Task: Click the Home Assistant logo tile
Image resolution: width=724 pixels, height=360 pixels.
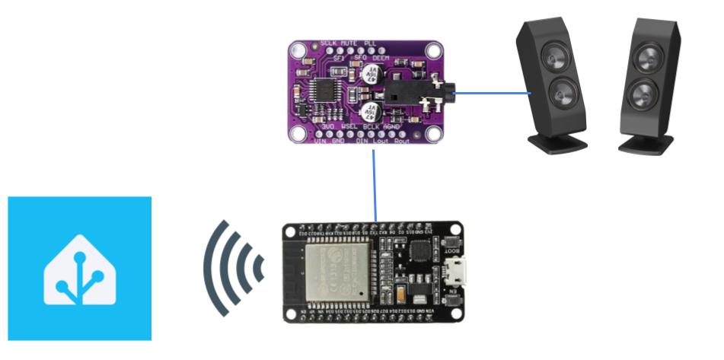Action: (79, 268)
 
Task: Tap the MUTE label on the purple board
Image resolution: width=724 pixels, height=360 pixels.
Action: (349, 43)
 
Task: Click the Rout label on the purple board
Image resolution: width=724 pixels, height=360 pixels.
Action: (401, 142)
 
